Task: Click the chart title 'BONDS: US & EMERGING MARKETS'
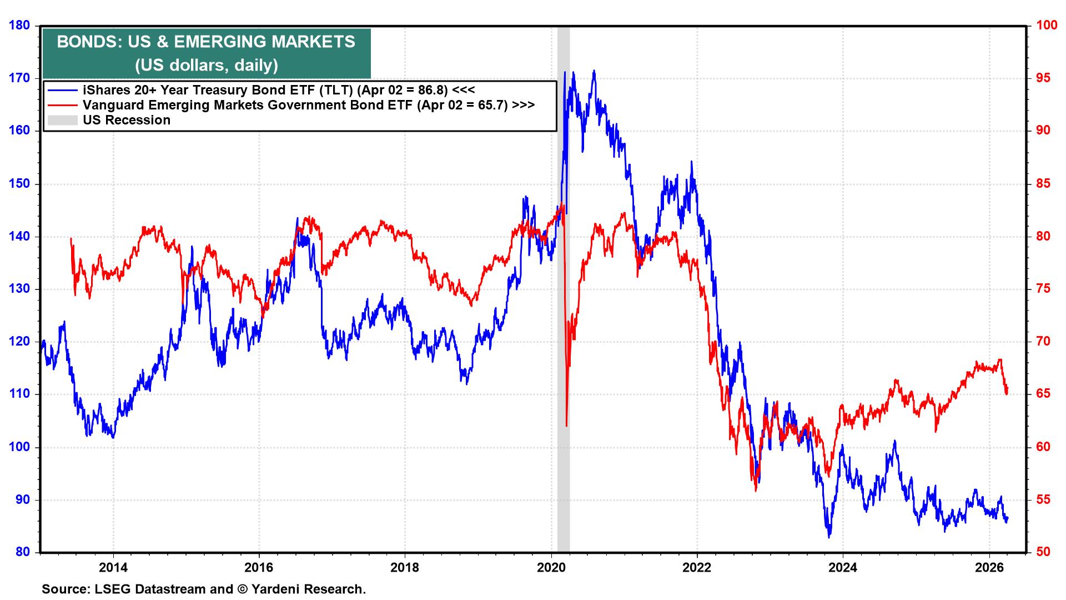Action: [x=206, y=42]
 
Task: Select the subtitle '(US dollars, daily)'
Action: [x=206, y=66]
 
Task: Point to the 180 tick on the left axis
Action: [x=19, y=26]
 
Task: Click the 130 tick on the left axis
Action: [x=19, y=289]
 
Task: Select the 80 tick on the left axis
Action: [x=22, y=552]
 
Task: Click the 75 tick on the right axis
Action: [x=1039, y=289]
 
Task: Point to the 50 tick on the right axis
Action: [x=1039, y=552]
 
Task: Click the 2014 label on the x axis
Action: [x=113, y=567]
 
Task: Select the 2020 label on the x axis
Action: [x=551, y=567]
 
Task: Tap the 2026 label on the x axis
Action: [x=989, y=567]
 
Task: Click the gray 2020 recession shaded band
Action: [x=564, y=333]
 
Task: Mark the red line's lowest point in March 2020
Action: [x=566, y=426]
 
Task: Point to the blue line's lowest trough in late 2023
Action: [x=829, y=537]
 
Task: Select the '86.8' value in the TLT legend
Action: [x=433, y=89]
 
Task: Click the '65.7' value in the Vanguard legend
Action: [x=492, y=104]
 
